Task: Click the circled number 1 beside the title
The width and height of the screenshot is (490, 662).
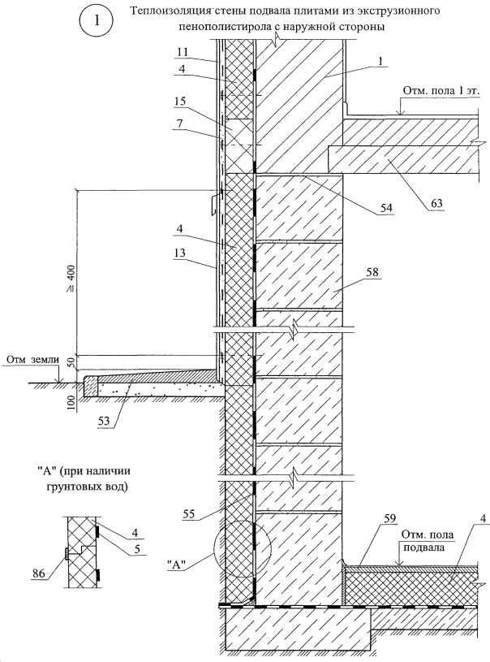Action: point(97,21)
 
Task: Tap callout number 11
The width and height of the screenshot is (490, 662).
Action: point(183,52)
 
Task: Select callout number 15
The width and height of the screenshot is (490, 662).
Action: point(180,102)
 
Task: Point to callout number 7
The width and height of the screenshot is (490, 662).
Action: point(179,123)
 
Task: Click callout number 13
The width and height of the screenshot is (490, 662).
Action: point(179,253)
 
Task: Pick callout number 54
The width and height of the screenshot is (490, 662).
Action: point(386,207)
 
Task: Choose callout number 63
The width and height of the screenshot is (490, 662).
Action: point(436,203)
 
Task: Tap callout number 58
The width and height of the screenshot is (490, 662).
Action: point(372,272)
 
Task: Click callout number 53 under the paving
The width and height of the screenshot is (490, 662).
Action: point(104,421)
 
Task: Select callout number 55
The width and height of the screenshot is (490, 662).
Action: point(190,513)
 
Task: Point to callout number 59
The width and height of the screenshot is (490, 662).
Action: point(390,518)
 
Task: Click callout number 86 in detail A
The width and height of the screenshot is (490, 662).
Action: point(39,573)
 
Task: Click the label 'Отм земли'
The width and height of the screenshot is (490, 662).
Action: point(32,360)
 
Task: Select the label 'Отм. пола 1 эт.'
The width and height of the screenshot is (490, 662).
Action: point(441,91)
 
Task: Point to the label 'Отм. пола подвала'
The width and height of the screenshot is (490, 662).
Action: point(428,541)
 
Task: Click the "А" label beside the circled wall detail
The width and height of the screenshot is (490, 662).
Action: point(178,565)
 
